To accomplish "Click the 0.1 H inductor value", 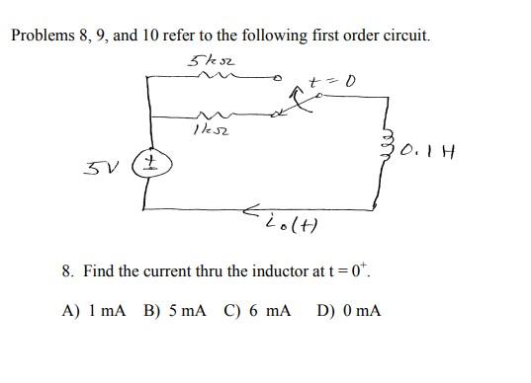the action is point(426,151).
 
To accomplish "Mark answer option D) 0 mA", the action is point(349,312).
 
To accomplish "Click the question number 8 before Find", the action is point(66,269).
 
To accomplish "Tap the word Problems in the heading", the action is point(43,36).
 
